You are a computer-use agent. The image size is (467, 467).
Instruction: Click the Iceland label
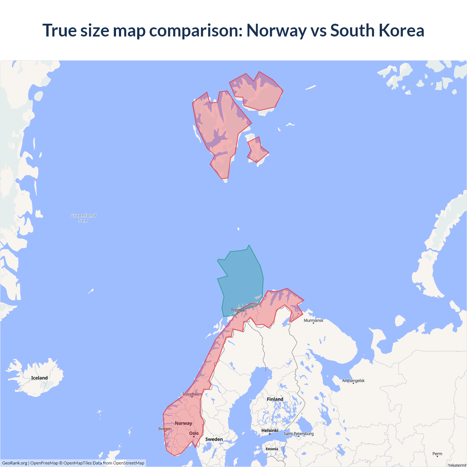click(x=39, y=378)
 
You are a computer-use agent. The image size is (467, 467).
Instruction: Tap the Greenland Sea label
click(x=83, y=218)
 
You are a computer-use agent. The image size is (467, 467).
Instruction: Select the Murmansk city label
click(x=313, y=320)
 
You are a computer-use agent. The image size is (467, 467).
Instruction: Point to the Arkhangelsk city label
click(x=353, y=381)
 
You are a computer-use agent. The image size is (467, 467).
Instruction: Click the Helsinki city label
click(x=270, y=431)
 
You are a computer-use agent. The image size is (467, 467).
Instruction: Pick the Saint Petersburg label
click(x=298, y=433)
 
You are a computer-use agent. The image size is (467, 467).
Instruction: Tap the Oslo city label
click(x=194, y=433)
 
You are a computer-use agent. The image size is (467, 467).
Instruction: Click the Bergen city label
click(x=165, y=429)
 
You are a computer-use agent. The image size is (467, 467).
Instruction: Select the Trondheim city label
click(x=192, y=394)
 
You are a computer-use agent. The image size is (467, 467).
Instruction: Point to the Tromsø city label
click(x=238, y=310)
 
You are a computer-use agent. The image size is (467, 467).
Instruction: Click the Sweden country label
click(x=214, y=439)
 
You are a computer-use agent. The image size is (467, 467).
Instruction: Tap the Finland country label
click(x=275, y=399)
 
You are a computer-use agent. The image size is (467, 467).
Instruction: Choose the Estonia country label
click(x=272, y=449)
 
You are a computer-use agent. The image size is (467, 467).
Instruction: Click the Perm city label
click(x=437, y=454)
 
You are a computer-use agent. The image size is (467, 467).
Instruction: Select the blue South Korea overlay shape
click(x=241, y=277)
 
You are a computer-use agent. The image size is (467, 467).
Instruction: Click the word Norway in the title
click(x=276, y=30)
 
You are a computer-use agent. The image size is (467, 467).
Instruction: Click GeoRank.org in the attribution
click(x=15, y=463)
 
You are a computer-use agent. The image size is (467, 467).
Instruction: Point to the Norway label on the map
click(x=183, y=423)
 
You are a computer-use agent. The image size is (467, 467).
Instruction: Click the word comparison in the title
click(x=196, y=30)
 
